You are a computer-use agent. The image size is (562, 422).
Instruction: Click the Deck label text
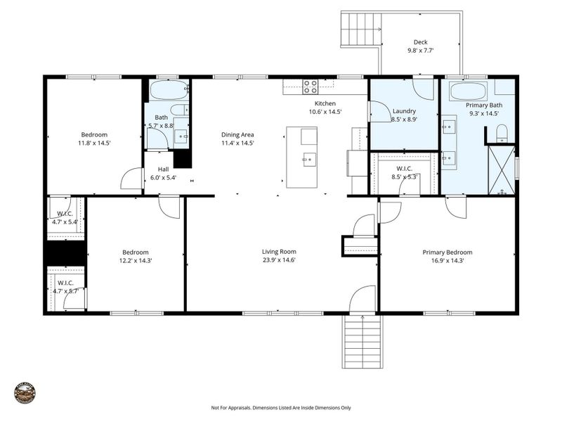[420, 42]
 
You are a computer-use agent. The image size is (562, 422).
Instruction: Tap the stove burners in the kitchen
[310, 87]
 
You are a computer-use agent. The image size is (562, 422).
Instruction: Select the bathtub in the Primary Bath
[468, 91]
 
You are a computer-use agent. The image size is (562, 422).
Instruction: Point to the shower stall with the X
[502, 170]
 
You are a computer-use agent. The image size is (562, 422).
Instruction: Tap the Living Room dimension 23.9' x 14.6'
[279, 260]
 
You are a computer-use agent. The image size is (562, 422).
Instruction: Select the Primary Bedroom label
[447, 252]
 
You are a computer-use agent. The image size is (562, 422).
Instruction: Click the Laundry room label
[404, 110]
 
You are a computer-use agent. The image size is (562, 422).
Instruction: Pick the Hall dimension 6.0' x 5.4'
[162, 178]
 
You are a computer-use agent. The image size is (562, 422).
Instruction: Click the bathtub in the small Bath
[169, 91]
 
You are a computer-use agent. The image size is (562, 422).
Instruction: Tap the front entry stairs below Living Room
[362, 342]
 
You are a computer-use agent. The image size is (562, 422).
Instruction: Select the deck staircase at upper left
[361, 30]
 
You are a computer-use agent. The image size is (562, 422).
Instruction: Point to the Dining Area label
[237, 134]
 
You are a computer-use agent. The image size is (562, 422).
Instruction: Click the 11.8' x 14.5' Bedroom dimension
[95, 143]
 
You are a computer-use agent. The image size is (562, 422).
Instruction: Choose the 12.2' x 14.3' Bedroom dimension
[135, 260]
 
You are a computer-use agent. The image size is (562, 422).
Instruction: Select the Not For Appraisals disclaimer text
[280, 407]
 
